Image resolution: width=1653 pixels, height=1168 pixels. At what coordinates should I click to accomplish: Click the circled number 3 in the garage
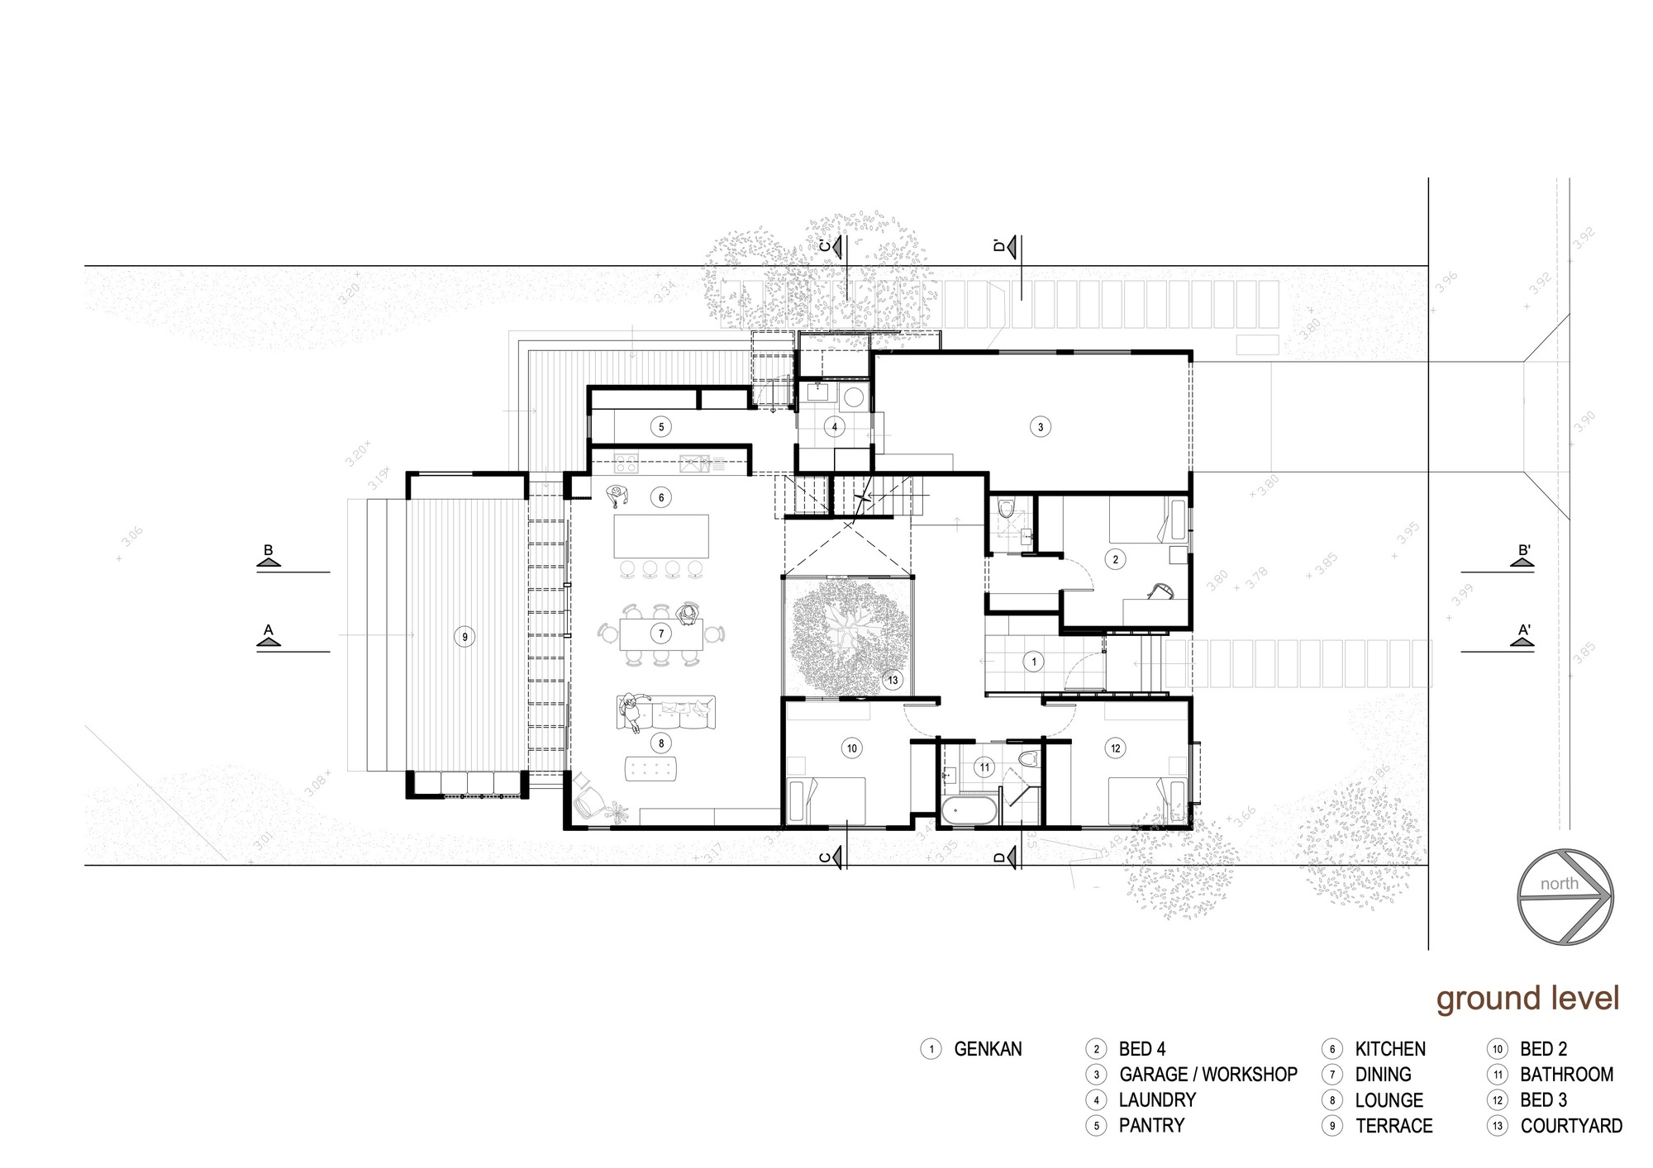point(1041,427)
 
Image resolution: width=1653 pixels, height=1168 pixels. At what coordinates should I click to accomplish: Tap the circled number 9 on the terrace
point(464,637)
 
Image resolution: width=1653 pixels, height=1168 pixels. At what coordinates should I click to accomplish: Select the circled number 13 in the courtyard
point(893,681)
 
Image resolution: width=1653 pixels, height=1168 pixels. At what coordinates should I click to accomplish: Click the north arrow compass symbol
point(1565,895)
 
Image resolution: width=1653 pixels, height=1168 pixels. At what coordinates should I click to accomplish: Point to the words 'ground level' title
point(1527,998)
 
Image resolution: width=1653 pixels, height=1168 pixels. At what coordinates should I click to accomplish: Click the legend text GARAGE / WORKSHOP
point(1208,1075)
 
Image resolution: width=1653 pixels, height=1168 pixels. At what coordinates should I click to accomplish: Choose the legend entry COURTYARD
point(1570,1126)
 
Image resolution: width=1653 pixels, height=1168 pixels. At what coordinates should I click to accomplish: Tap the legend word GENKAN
point(988,1049)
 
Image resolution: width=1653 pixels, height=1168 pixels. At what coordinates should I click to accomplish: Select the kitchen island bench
point(661,536)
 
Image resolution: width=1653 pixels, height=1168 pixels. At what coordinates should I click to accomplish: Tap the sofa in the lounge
point(666,713)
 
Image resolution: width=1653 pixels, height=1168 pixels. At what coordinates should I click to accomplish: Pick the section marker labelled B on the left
point(268,558)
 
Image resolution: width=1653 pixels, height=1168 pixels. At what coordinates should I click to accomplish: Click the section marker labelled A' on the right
point(1524,636)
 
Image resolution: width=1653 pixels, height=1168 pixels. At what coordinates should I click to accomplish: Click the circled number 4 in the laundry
point(835,427)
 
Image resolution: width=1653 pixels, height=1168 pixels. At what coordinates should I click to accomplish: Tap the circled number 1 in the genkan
point(1033,662)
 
